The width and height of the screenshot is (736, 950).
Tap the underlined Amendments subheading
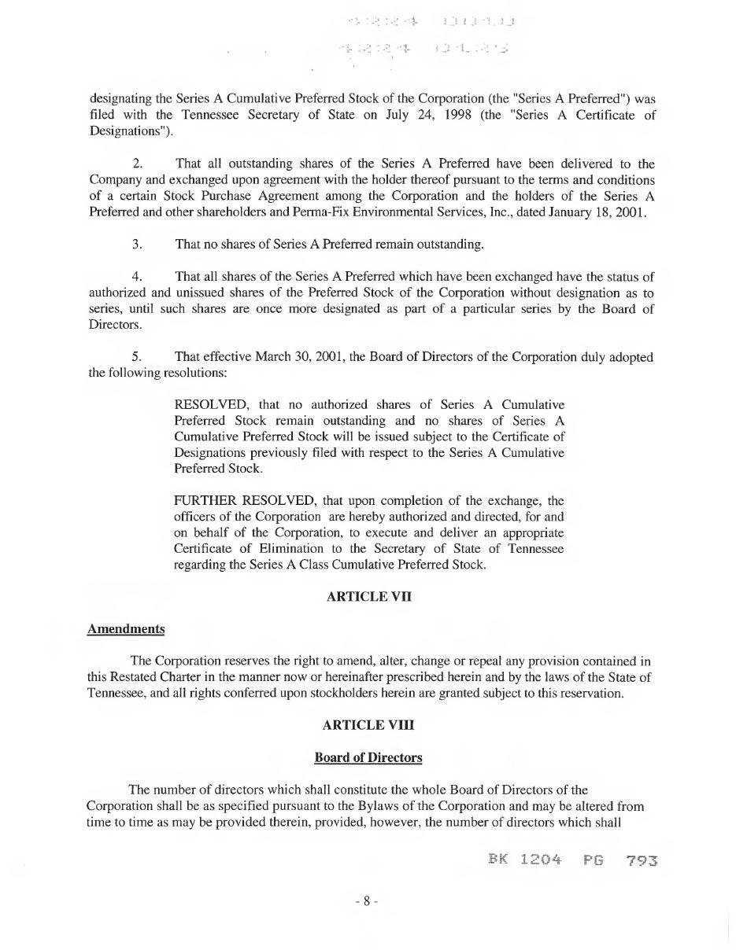tap(126, 629)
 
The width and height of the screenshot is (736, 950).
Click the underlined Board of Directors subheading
tap(368, 758)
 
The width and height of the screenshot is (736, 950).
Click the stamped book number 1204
tap(541, 860)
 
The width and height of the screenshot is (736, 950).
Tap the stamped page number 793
tap(642, 860)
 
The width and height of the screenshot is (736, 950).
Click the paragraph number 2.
tap(138, 164)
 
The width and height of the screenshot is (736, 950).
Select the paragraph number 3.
tap(138, 245)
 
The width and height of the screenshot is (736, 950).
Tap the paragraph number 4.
tap(138, 277)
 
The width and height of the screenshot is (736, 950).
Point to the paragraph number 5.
tap(138, 357)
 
